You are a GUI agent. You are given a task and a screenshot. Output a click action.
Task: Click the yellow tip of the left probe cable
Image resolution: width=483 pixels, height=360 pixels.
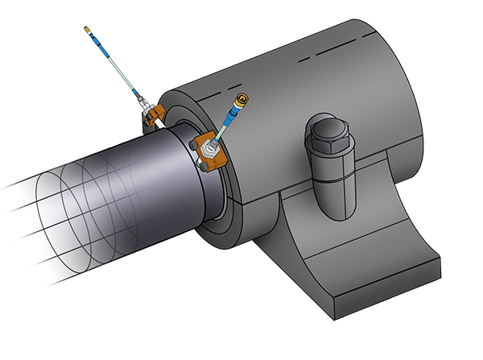coord(88,31)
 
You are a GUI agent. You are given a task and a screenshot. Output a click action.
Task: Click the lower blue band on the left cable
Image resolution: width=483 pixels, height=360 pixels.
coord(132,89)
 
